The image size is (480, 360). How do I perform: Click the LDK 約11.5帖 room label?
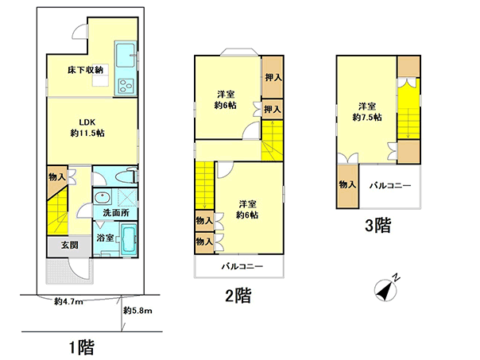tap(87, 128)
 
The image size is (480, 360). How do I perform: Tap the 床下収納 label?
tap(85, 70)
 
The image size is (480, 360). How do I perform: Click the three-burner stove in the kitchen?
tap(126, 85)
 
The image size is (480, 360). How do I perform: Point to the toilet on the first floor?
tap(126, 176)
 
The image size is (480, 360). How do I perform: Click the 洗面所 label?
tap(116, 212)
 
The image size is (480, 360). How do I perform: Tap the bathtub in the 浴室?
tap(129, 239)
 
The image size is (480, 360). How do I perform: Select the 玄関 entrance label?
tap(69, 245)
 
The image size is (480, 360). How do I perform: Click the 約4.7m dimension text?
tap(68, 301)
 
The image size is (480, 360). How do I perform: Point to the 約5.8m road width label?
tap(137, 311)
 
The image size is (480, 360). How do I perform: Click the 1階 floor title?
tap(82, 348)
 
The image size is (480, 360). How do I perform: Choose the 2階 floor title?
tap(238, 296)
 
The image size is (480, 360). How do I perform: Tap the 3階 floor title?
tap(378, 226)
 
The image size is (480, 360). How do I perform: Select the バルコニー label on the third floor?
tap(390, 185)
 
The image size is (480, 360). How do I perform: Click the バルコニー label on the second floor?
tap(242, 266)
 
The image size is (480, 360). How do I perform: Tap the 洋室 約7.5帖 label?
tap(367, 112)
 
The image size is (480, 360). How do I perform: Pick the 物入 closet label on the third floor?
tap(347, 184)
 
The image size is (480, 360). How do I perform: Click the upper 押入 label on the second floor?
tap(273, 77)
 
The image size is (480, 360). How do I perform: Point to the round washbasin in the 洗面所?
tap(102, 197)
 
